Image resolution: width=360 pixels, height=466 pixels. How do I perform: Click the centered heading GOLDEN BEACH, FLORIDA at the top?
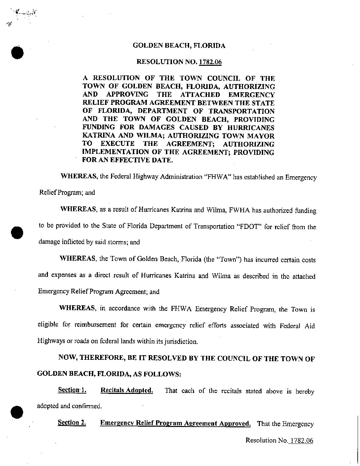[179, 46]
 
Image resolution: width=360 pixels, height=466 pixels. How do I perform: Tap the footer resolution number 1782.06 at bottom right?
[300, 440]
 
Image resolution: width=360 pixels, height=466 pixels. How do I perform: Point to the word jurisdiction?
[180, 341]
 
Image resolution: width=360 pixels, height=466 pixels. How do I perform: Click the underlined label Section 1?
[72, 390]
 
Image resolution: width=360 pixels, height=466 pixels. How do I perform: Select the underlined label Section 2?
[72, 423]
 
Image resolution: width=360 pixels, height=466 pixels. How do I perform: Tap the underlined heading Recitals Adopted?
[127, 390]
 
